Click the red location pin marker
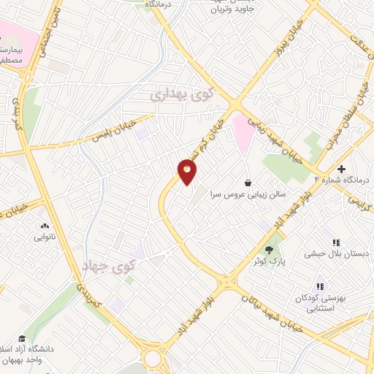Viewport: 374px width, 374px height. [187, 173]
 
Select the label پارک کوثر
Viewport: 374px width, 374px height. [270, 260]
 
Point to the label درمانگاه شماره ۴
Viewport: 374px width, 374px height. [343, 180]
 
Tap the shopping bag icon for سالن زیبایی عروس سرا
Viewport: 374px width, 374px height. [249, 183]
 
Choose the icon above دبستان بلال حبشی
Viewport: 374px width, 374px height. [336, 243]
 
